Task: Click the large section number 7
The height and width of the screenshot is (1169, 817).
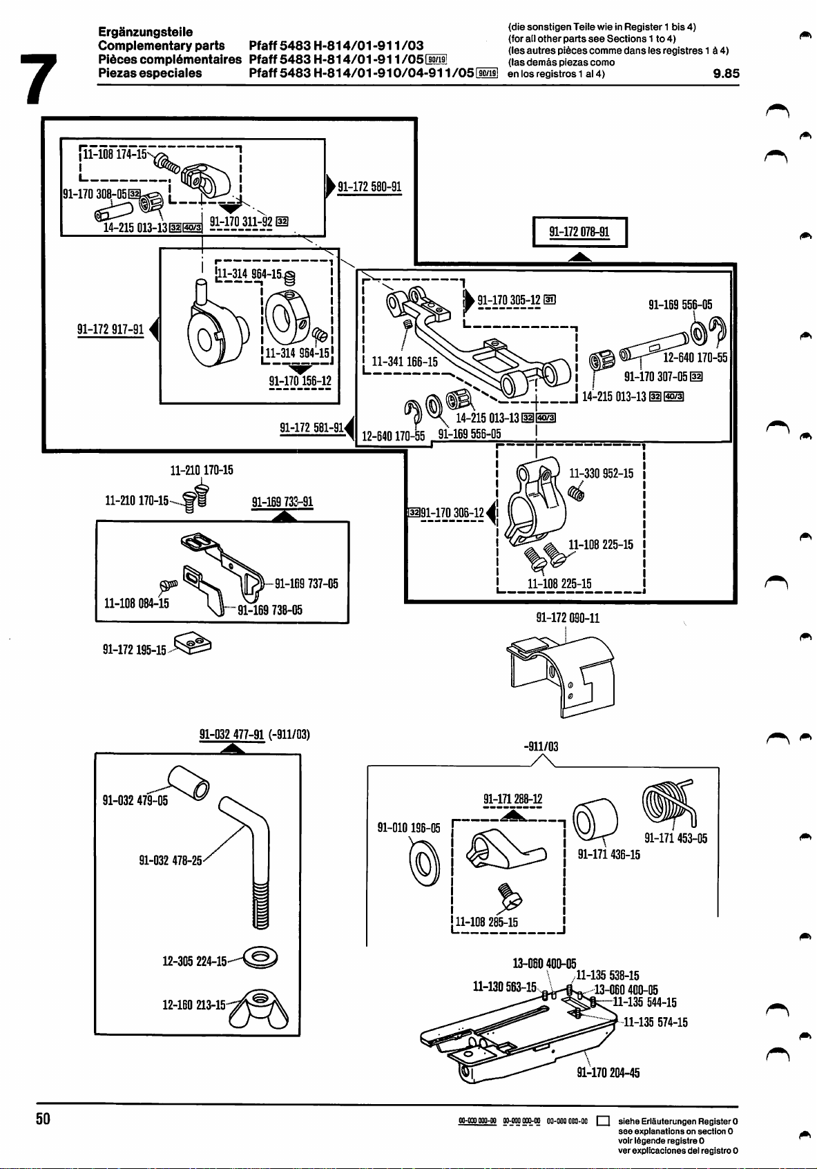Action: point(37,78)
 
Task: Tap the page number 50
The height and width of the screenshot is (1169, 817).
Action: point(43,1118)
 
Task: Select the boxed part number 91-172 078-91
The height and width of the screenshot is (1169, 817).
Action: point(579,232)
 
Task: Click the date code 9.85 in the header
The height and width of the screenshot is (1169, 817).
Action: point(725,73)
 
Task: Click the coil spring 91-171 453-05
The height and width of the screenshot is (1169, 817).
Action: point(671,802)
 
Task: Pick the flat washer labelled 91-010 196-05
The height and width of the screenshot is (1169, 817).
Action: point(423,864)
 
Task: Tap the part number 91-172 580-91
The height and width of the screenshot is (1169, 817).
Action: point(369,186)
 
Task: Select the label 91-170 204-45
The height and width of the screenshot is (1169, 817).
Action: point(608,1072)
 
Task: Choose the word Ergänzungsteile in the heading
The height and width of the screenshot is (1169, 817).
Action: point(146,32)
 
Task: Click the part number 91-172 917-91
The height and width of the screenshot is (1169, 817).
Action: point(110,329)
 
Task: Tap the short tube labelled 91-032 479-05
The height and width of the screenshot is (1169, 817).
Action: point(189,782)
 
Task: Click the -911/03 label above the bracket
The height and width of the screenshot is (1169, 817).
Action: point(541,746)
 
